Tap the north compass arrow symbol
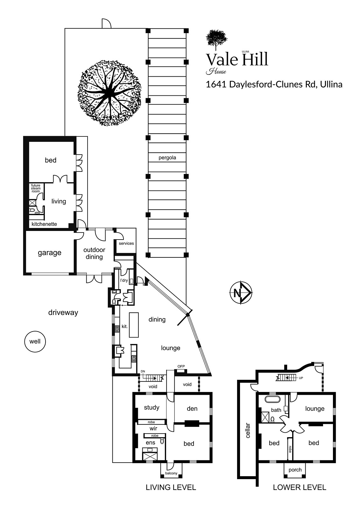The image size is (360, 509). (x=241, y=292)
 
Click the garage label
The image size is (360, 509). (x=50, y=253)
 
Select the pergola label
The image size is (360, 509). (x=167, y=158)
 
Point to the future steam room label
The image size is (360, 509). (x=35, y=188)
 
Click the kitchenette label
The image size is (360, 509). (x=44, y=224)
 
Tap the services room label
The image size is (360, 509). (x=126, y=243)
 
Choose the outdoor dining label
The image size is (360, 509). (x=94, y=253)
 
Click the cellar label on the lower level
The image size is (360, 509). (x=248, y=430)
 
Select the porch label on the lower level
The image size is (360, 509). (x=295, y=470)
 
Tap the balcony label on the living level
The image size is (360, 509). (x=171, y=473)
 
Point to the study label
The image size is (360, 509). (x=152, y=408)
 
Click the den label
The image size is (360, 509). (x=192, y=408)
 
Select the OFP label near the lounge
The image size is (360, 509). (x=181, y=366)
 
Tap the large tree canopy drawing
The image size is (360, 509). (x=109, y=93)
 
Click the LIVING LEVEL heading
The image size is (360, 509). (x=171, y=487)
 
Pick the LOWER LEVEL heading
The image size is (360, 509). (x=300, y=487)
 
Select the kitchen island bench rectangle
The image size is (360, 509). (x=134, y=325)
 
